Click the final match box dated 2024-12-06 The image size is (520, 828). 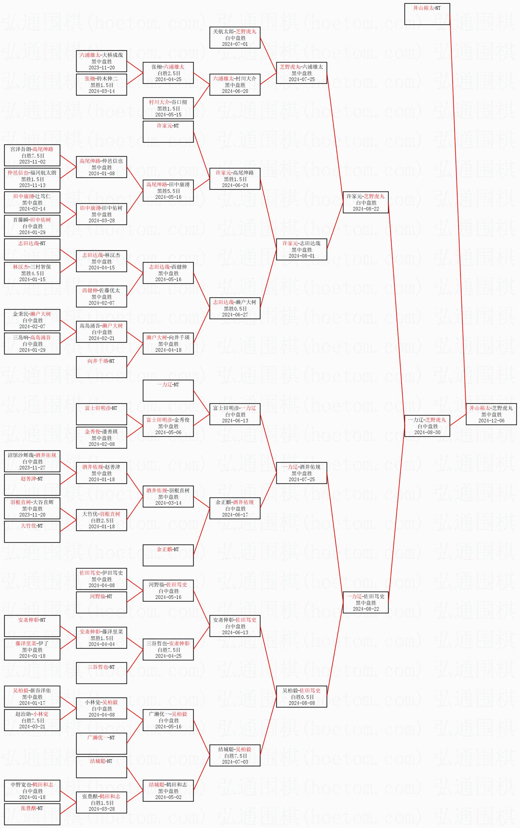coord(491,414)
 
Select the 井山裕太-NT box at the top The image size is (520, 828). coord(427,14)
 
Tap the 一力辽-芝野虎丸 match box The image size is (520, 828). coord(427,426)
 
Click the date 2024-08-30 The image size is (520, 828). coord(427,432)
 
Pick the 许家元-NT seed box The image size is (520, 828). coord(168,132)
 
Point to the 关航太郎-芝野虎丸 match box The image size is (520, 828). coord(235,38)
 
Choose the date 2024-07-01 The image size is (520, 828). coord(235,44)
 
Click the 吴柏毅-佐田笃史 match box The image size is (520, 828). coord(302,697)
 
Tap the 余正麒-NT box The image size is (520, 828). coord(168,555)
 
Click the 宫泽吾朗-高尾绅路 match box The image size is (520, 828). coord(32,155)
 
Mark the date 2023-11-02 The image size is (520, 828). coord(32,161)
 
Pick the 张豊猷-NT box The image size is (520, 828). coord(32,814)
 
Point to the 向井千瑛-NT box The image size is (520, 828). coord(101,367)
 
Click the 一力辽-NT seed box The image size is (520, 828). coord(168,390)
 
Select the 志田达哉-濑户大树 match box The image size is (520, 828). coord(235,308)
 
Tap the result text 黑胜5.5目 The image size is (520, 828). coord(168,191)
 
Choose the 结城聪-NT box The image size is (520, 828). coord(101,767)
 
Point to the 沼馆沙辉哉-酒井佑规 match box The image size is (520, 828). coord(32,461)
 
